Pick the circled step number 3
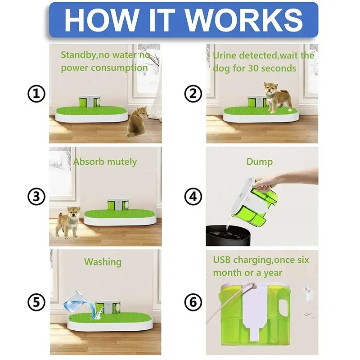[36, 197]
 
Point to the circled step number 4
[193, 197]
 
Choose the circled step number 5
[36, 302]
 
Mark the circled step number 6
[193, 302]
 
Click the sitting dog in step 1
[137, 121]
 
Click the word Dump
[259, 162]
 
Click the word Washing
[103, 261]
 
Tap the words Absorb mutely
[105, 162]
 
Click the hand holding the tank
[265, 182]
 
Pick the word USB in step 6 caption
[224, 260]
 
